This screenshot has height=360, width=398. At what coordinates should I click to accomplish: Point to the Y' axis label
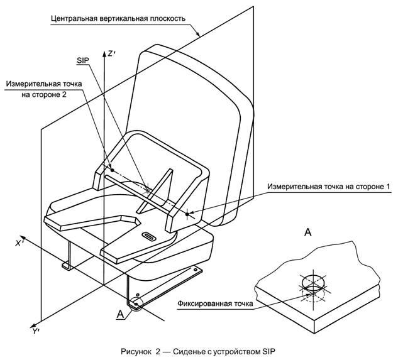coord(37,329)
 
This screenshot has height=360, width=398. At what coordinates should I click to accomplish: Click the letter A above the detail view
coord(308,232)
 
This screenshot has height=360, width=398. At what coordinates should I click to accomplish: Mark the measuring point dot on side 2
coord(111,170)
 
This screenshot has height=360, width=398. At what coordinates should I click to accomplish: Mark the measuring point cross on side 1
coord(187,214)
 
